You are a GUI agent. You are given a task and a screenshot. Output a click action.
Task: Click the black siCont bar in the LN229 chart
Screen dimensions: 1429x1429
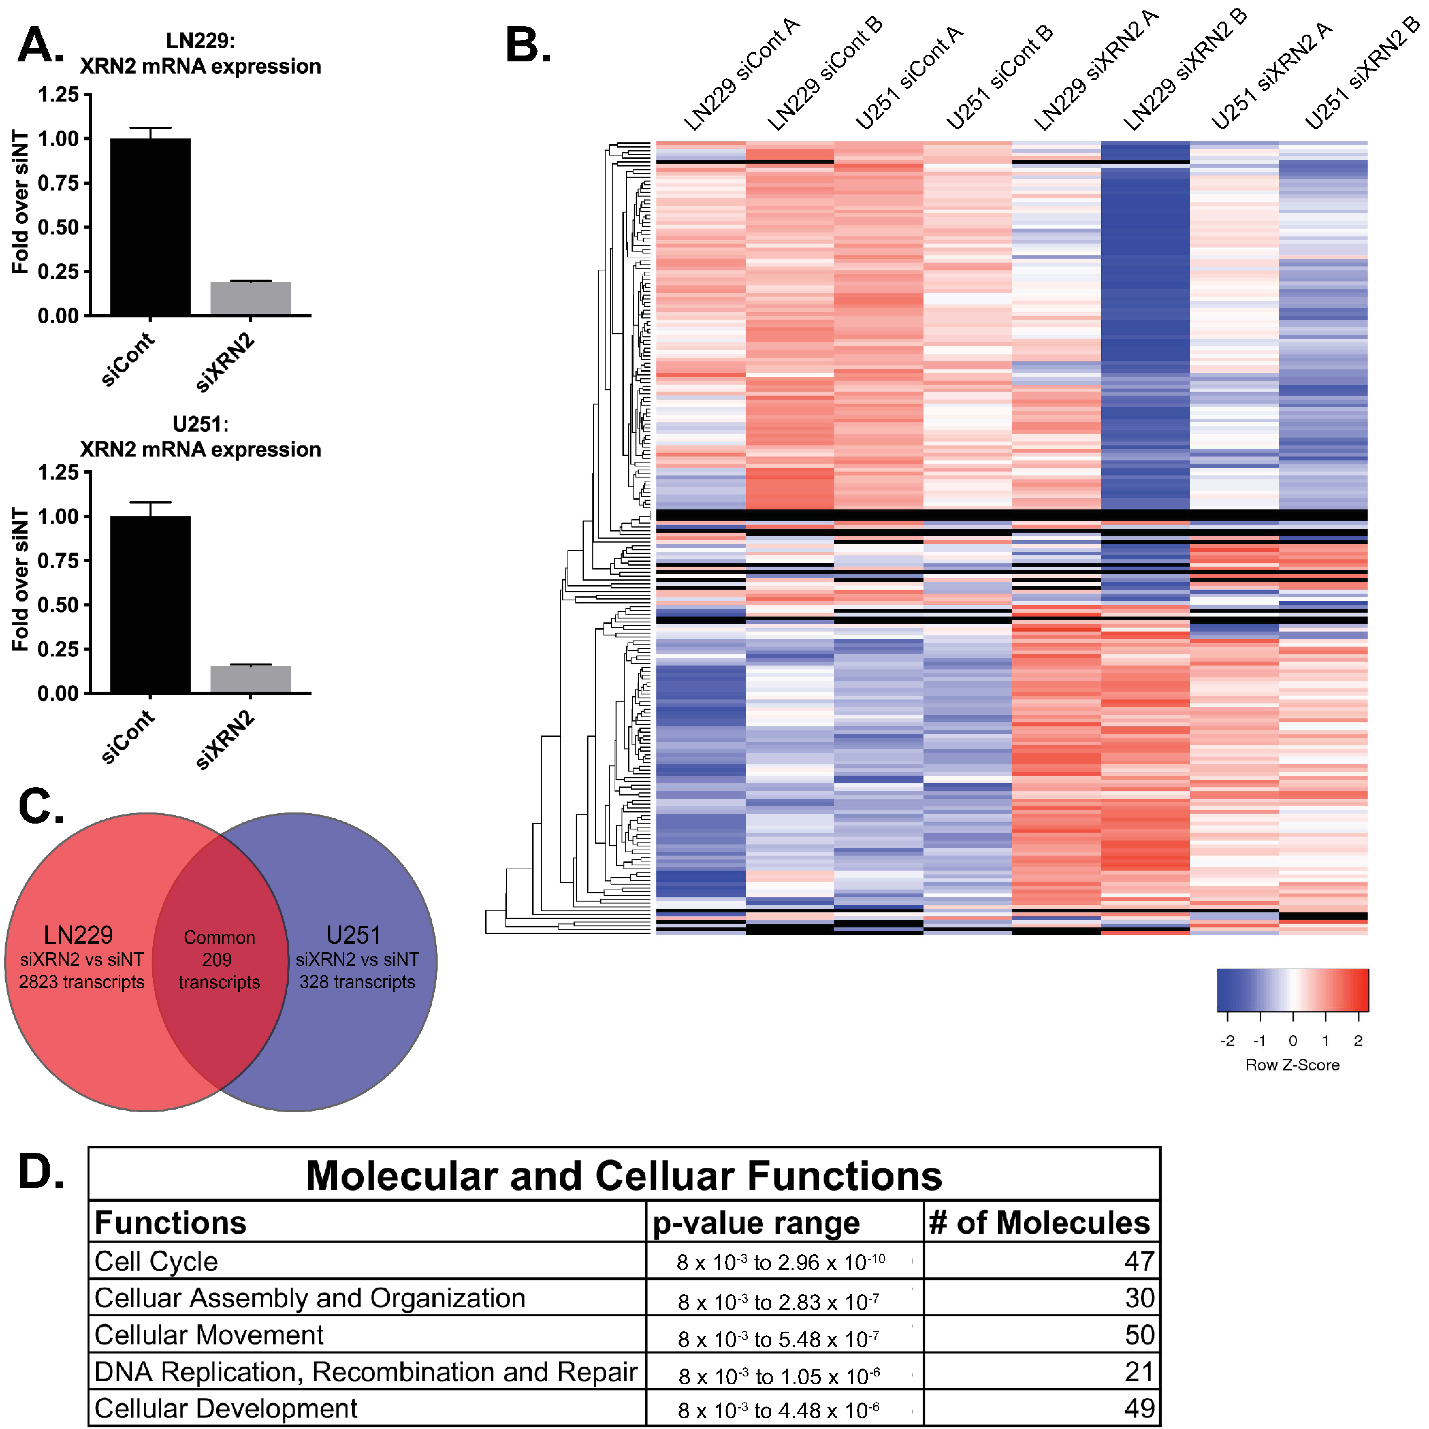click(x=150, y=227)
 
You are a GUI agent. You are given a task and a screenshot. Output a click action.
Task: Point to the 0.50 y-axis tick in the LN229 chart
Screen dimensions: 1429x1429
click(x=58, y=227)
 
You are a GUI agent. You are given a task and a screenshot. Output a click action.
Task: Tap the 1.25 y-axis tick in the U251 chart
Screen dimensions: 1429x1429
click(x=58, y=473)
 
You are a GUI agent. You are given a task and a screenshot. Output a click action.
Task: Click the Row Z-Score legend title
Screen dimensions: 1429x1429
click(x=1292, y=1065)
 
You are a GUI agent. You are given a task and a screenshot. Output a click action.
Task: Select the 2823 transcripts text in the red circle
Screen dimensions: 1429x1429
click(x=81, y=982)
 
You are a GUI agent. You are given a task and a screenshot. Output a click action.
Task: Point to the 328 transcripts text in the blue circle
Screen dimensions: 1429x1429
click(x=357, y=982)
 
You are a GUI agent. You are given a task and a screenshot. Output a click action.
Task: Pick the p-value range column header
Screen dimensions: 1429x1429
click(x=756, y=1223)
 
